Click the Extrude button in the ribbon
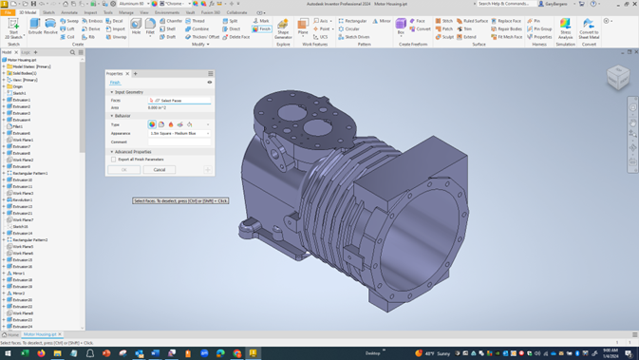[35, 26]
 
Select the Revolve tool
[50, 26]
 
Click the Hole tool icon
[136, 26]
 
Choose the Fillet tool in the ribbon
[150, 26]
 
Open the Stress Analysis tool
[565, 28]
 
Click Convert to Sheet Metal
[589, 28]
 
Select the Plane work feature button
[303, 26]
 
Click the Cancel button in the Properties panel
[160, 170]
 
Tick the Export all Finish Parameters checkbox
[114, 160]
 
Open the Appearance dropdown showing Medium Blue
[179, 133]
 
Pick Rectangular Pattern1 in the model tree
[29, 173]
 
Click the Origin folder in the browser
[18, 86]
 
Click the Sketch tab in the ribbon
[48, 12]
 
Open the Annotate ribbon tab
[69, 12]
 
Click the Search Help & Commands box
[503, 4]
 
